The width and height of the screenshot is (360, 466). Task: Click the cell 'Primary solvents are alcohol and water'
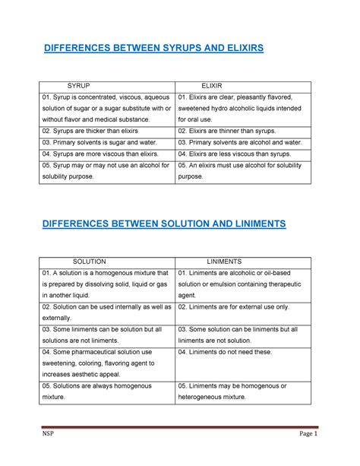pos(239,142)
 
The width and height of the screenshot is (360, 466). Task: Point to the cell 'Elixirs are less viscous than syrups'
pos(236,154)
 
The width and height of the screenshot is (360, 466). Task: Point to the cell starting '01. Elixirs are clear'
pos(242,109)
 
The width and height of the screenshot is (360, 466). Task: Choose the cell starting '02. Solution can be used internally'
pos(107,312)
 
